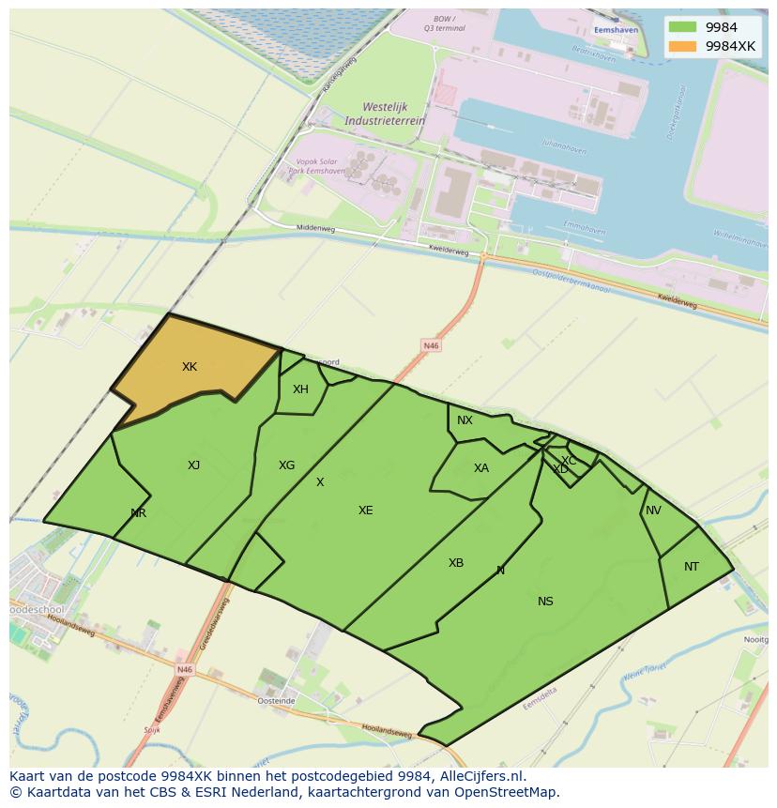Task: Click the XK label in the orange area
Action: tap(190, 367)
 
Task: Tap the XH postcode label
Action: tap(300, 389)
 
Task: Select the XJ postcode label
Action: tap(193, 465)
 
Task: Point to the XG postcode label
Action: tap(286, 465)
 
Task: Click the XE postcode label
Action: tap(365, 511)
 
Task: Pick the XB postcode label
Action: tap(455, 563)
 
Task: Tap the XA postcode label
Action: tap(480, 468)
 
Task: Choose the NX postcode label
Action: tap(465, 420)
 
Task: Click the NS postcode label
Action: tap(545, 602)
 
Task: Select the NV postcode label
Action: tap(653, 511)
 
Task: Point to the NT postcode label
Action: tap(692, 567)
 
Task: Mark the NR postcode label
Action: tap(139, 513)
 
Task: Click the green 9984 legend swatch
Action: tap(683, 27)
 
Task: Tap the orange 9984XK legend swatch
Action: tap(683, 46)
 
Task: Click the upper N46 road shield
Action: tap(431, 346)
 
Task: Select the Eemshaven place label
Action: tap(616, 30)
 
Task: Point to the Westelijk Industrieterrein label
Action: tap(385, 114)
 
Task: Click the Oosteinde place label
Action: tap(277, 701)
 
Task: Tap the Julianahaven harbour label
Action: tap(563, 144)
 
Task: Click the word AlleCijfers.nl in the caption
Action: tap(482, 776)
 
